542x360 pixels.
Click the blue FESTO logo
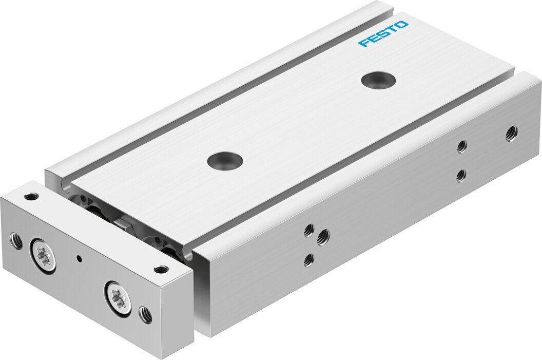[x=383, y=34]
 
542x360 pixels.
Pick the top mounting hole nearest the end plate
[x=225, y=160]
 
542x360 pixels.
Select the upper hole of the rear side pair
[x=461, y=147]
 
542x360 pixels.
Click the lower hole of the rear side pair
[x=460, y=176]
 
